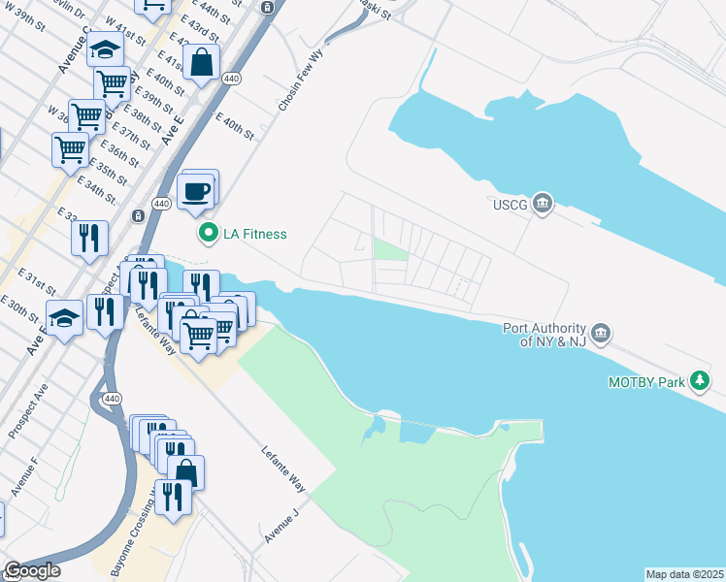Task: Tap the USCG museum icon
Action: pyautogui.click(x=543, y=203)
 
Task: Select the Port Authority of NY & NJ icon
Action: pyautogui.click(x=601, y=334)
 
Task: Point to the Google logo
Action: pyautogui.click(x=32, y=570)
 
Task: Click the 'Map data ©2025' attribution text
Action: pyautogui.click(x=684, y=574)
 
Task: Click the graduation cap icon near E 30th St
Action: pyautogui.click(x=63, y=318)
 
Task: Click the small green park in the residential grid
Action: pyautogui.click(x=390, y=250)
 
